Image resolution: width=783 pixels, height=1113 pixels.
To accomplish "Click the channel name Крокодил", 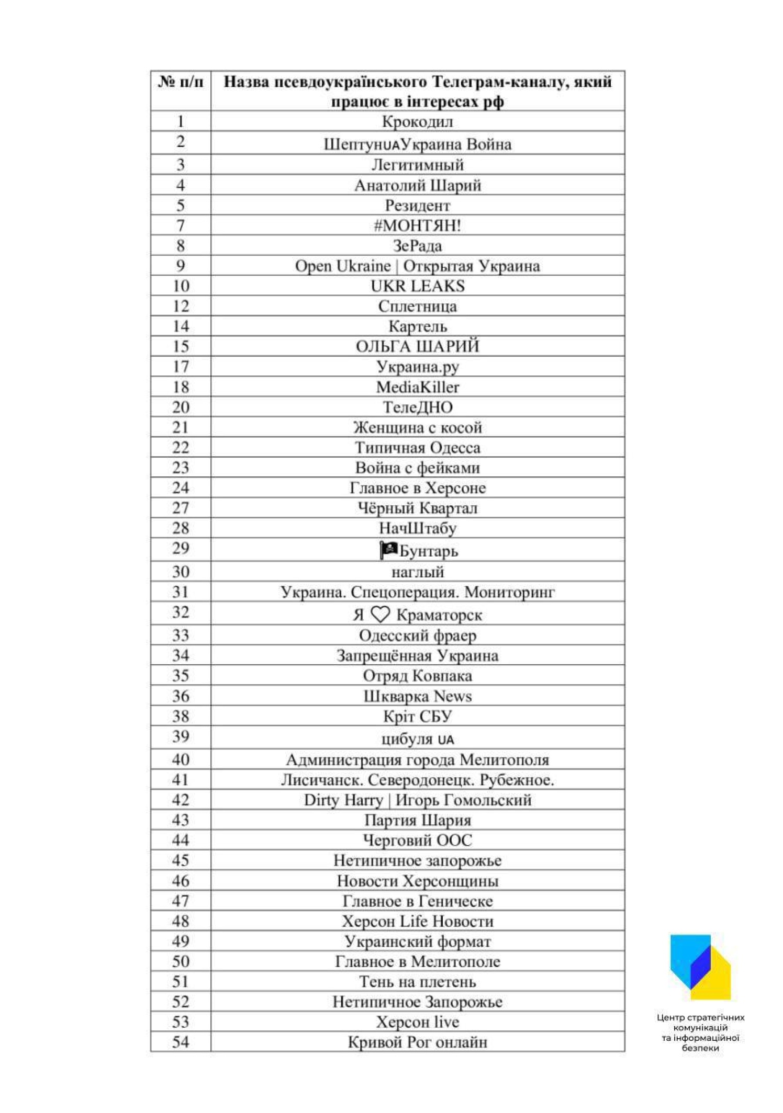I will click(x=417, y=122).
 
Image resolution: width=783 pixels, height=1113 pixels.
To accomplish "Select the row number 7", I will click(x=181, y=226).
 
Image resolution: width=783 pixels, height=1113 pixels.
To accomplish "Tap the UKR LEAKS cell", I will click(x=417, y=286).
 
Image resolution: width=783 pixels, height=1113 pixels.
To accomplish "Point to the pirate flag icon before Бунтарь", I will click(x=388, y=550).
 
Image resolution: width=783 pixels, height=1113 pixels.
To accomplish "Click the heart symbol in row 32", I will click(x=380, y=614).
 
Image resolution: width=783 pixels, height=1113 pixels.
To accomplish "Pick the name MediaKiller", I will click(x=417, y=387).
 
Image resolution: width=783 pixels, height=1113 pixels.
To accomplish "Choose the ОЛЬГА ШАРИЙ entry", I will click(x=417, y=347).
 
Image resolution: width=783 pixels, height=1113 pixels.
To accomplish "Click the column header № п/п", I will click(x=181, y=82).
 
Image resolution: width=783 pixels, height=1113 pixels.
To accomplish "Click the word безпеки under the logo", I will click(x=700, y=1048).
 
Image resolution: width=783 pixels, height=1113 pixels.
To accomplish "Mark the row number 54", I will click(x=181, y=1042).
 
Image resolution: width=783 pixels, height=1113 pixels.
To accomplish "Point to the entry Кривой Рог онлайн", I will click(x=417, y=1042).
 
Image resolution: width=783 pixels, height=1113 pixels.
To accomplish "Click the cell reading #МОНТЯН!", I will click(x=417, y=226).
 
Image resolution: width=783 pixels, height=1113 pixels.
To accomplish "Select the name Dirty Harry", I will click(x=343, y=800).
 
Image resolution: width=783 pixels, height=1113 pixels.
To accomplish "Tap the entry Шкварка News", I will click(x=417, y=696).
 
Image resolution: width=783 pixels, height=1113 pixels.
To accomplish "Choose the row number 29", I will click(x=181, y=548).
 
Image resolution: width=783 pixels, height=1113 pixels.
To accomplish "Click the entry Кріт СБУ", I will click(x=417, y=717).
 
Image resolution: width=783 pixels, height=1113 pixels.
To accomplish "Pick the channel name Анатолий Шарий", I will click(x=417, y=186).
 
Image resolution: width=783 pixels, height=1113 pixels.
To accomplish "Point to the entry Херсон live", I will click(x=417, y=1022).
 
